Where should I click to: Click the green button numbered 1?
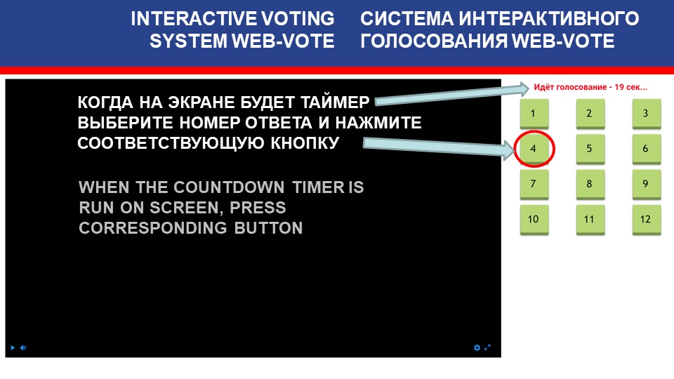534,114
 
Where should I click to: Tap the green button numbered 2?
590,114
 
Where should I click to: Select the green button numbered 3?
646,114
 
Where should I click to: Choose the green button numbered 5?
590,149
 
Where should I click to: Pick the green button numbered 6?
646,149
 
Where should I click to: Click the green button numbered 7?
534,185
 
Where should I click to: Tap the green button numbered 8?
590,185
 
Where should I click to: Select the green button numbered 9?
646,185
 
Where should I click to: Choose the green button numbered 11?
590,220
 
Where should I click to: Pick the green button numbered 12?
646,220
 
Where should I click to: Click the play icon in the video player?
13,347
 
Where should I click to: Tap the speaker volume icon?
23,347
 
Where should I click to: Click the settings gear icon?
477,347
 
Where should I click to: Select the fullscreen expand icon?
487,347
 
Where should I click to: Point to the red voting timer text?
590,87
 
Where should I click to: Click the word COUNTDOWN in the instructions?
229,187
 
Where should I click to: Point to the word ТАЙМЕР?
335,102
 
